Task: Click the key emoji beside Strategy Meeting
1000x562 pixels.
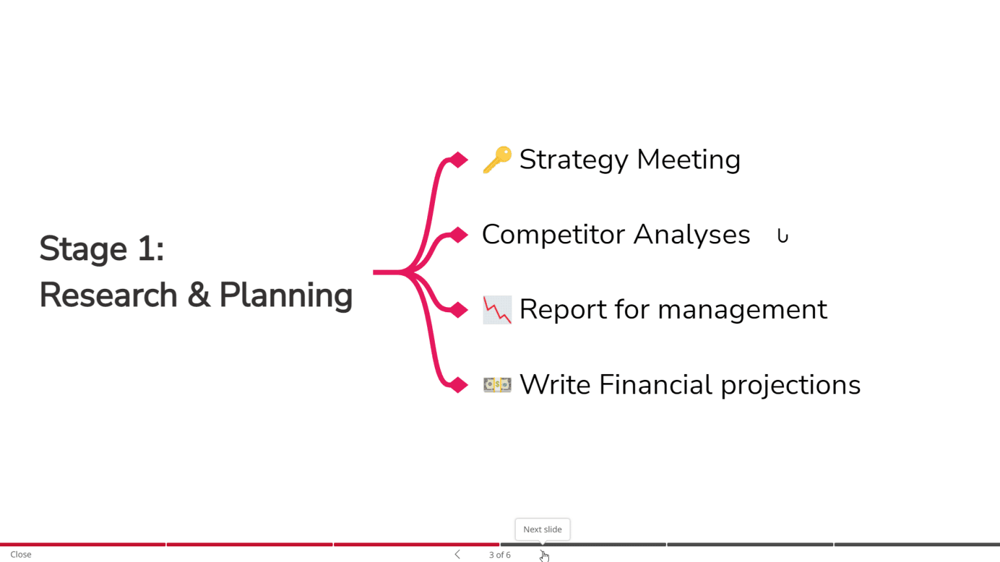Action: tap(497, 159)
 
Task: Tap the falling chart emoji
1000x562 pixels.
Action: tap(497, 310)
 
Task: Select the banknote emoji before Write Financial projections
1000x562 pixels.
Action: tap(497, 385)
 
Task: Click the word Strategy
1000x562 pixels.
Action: tap(574, 160)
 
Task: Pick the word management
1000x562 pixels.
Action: tap(742, 310)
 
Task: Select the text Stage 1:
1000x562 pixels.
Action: tap(102, 249)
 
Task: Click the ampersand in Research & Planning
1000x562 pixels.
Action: tap(199, 295)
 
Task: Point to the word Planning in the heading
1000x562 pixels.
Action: tap(286, 296)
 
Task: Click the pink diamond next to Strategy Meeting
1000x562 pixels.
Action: tap(459, 159)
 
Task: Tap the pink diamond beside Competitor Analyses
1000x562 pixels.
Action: tap(459, 235)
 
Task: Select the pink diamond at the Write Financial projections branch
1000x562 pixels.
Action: tap(459, 385)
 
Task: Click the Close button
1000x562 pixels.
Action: tap(21, 554)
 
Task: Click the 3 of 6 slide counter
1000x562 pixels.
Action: tap(499, 555)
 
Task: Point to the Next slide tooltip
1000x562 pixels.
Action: tap(542, 529)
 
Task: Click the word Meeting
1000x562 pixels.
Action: tap(688, 160)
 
